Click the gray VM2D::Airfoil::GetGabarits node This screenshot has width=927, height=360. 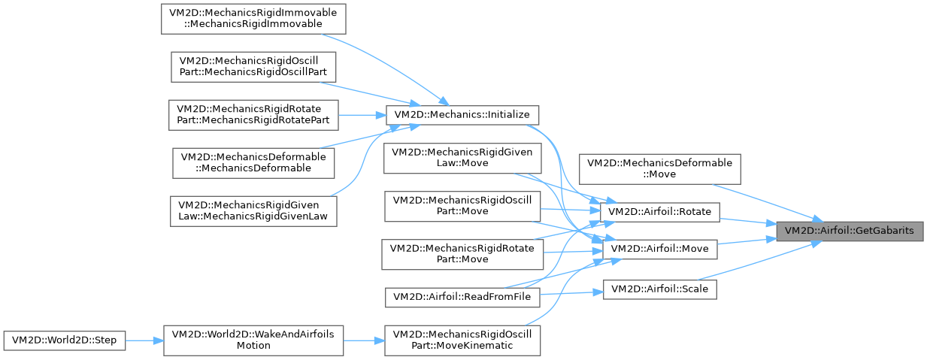[x=850, y=231]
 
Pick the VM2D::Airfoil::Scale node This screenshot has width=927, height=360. [x=660, y=288]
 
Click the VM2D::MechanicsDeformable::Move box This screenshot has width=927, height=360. [x=659, y=168]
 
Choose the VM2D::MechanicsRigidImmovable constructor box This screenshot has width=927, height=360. [x=253, y=18]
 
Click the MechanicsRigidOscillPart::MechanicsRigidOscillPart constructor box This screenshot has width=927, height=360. [x=253, y=67]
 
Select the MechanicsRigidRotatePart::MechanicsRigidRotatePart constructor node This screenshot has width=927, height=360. [x=253, y=115]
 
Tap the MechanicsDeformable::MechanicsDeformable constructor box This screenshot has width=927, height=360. [x=253, y=163]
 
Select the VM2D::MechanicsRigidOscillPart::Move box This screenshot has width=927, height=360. [x=462, y=206]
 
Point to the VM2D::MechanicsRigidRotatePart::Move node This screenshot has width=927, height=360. [x=462, y=254]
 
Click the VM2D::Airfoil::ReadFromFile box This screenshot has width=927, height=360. [x=462, y=297]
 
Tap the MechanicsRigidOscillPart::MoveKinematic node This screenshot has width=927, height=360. [x=462, y=340]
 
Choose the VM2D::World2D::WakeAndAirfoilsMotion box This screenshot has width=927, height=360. [x=253, y=340]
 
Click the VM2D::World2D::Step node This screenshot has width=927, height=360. [x=64, y=340]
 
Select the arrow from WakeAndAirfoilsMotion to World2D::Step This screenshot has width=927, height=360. [x=144, y=340]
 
